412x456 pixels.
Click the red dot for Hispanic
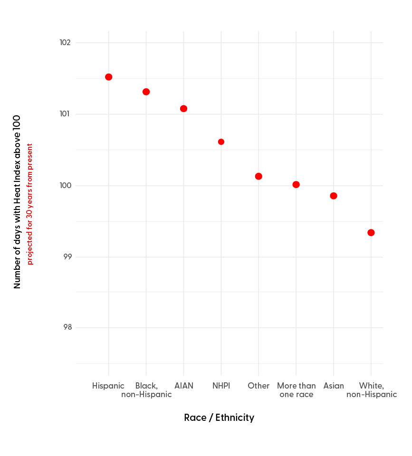click(x=108, y=77)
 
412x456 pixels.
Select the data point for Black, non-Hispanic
click(x=146, y=92)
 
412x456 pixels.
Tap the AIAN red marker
click(x=183, y=109)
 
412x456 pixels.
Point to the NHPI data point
click(x=221, y=142)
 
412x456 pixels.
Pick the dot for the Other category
click(x=259, y=176)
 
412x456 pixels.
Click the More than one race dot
click(x=296, y=184)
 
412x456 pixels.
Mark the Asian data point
click(x=334, y=196)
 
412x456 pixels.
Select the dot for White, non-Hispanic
click(x=371, y=233)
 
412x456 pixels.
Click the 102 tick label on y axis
click(x=65, y=43)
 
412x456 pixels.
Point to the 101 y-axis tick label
click(x=65, y=114)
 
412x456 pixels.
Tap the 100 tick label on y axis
click(x=65, y=186)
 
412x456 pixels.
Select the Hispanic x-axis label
click(x=108, y=386)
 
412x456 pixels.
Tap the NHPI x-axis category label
click(x=221, y=386)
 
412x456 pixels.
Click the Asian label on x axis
click(x=334, y=386)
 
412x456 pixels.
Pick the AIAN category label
click(x=183, y=386)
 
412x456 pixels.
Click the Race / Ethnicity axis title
click(x=219, y=418)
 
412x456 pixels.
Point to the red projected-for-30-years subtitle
click(x=30, y=204)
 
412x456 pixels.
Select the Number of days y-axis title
click(x=17, y=201)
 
